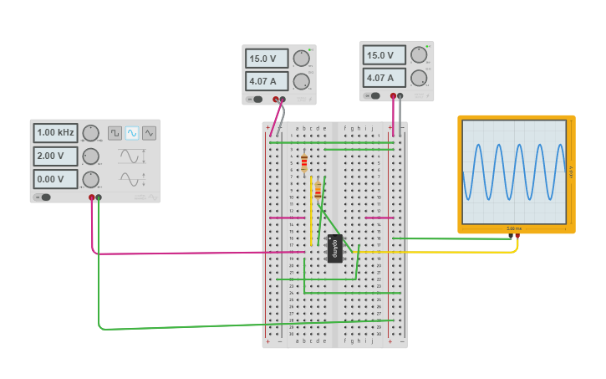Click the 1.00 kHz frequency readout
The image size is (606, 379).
click(55, 133)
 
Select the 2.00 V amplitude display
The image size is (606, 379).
click(55, 156)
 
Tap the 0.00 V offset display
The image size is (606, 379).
click(55, 179)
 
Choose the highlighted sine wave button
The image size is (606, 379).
click(132, 133)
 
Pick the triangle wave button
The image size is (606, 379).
click(149, 133)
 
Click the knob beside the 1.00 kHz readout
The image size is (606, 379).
click(90, 133)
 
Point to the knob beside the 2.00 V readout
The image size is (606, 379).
click(90, 156)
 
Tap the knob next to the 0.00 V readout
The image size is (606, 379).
click(90, 179)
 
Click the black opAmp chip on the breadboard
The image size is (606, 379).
click(334, 248)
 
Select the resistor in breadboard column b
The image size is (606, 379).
click(304, 162)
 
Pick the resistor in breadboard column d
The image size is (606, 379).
click(318, 192)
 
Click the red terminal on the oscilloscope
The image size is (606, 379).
click(517, 236)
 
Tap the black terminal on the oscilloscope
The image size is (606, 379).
click(511, 236)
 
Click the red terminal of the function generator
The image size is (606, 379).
click(92, 197)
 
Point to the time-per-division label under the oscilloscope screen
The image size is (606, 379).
click(514, 228)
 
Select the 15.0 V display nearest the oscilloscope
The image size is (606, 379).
click(384, 55)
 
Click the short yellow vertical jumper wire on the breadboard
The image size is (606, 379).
click(312, 209)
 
